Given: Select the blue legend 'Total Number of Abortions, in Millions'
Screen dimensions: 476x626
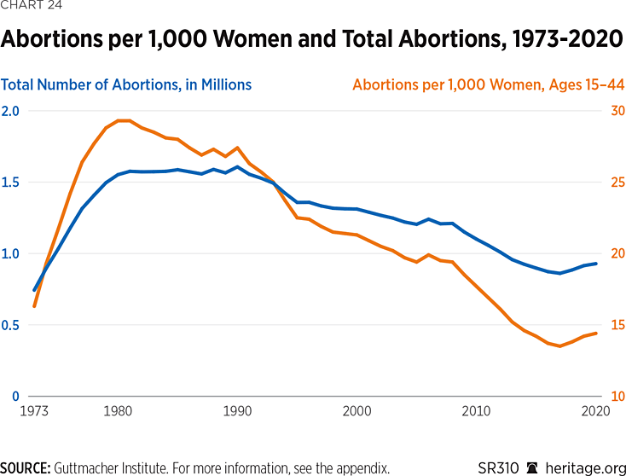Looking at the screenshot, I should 126,84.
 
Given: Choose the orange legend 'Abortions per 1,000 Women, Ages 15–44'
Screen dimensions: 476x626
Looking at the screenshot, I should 487,84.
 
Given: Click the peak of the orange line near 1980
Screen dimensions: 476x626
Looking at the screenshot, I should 123,120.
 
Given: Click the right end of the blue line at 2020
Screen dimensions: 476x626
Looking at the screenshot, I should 595,264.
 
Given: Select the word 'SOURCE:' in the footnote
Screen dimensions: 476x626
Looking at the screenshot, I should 26,467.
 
